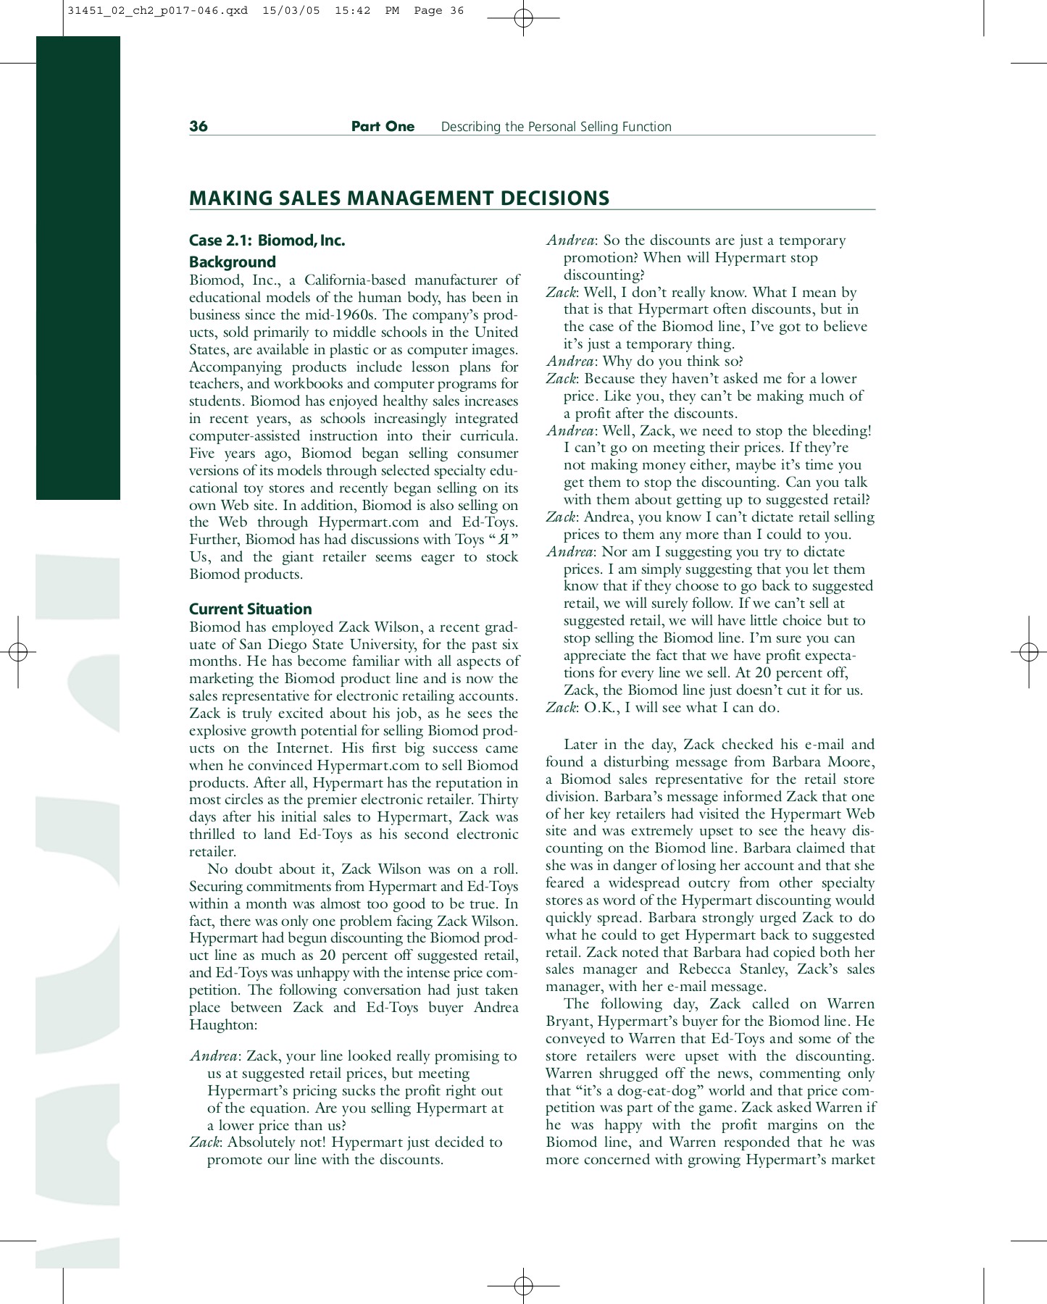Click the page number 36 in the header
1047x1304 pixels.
(198, 126)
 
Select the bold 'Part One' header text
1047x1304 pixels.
(383, 126)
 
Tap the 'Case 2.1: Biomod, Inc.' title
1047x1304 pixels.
(267, 241)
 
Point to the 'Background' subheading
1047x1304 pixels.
(232, 262)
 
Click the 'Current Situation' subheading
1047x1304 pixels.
(250, 609)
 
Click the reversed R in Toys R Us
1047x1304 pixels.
(496, 540)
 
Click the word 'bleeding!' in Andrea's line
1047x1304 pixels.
(840, 431)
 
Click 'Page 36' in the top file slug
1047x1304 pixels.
(438, 11)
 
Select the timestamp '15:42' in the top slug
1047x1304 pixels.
(352, 11)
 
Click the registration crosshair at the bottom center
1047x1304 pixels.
(523, 1286)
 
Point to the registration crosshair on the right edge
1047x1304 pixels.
(1028, 652)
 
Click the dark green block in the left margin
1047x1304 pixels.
(78, 268)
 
